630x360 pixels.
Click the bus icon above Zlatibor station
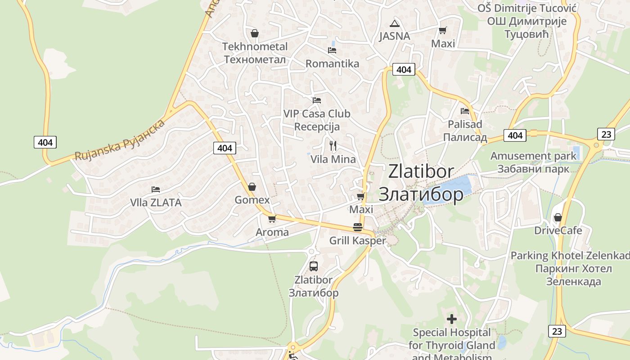[x=314, y=266]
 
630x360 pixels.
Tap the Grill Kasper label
[x=357, y=241]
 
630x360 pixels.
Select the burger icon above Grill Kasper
[x=358, y=227]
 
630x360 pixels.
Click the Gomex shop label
[x=252, y=200]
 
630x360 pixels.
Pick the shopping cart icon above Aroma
[x=272, y=219]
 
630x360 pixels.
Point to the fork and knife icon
[x=333, y=145]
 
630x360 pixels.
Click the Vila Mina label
[x=333, y=159]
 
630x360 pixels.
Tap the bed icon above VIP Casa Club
[x=317, y=100]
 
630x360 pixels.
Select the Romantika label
[x=332, y=63]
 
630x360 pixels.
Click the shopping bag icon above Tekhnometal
[x=255, y=33]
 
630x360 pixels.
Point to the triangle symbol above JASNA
[x=395, y=23]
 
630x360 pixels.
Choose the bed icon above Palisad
[x=465, y=111]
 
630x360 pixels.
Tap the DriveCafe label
[x=558, y=230]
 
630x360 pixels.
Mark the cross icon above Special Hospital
[x=452, y=319]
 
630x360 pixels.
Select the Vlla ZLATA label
[x=156, y=202]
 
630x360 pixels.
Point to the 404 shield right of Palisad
[x=515, y=135]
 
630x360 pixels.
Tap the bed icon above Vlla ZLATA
[x=156, y=189]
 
